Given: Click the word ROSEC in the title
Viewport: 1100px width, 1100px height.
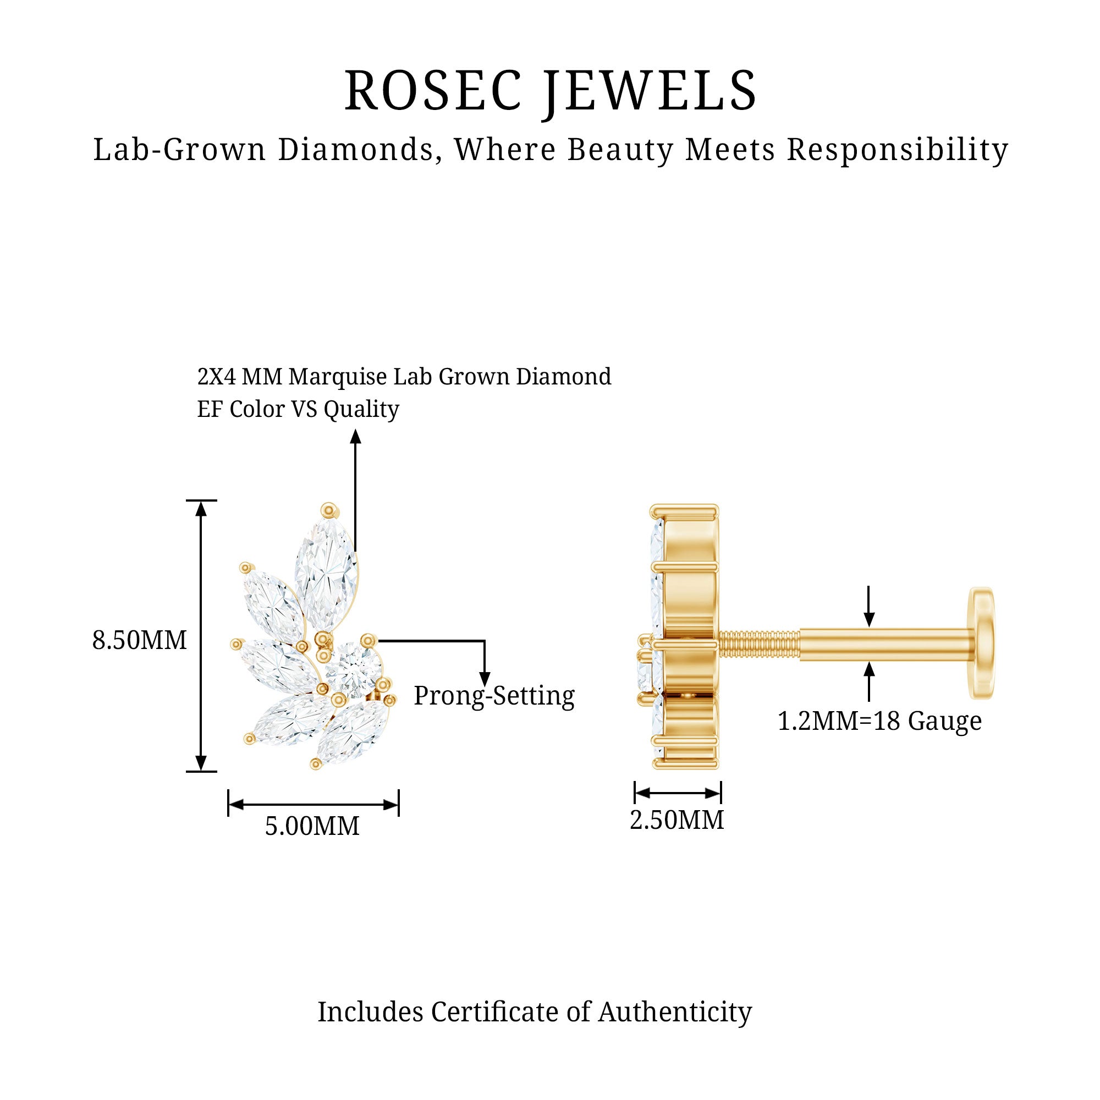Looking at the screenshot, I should (x=433, y=91).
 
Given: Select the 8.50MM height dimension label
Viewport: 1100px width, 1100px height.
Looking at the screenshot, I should (x=140, y=640).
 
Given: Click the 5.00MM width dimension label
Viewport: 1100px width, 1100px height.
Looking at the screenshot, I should (x=312, y=826).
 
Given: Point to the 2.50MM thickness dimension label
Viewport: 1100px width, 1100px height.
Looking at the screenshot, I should (x=677, y=820).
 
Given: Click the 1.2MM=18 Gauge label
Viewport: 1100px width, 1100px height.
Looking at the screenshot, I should (x=879, y=721).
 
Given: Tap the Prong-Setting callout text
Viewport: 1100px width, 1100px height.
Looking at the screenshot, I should (x=494, y=695).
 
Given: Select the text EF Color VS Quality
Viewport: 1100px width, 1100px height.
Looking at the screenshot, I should (x=298, y=409).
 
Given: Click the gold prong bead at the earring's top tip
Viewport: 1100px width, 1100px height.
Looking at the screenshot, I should (x=329, y=510).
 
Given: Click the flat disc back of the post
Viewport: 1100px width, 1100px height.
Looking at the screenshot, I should (x=983, y=643).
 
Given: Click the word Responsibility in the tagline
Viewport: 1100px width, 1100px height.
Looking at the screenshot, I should (x=897, y=150).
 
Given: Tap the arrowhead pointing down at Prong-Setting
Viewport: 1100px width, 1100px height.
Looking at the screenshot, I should (x=485, y=679).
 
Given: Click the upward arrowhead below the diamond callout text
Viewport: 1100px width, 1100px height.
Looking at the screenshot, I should (x=356, y=437).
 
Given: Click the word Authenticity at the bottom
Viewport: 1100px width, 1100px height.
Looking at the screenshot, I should (x=675, y=1012).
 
